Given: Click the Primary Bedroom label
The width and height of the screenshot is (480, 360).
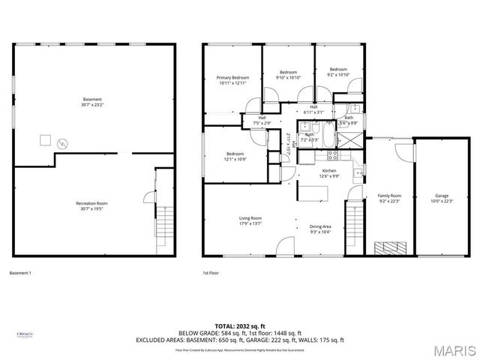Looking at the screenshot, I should click(232, 80).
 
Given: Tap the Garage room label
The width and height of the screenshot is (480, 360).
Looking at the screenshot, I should click(442, 198).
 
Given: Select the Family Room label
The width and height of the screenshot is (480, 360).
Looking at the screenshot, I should click(389, 198).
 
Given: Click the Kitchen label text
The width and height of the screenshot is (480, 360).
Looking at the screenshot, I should click(329, 173).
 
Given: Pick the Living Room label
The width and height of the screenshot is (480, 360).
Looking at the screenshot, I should click(250, 220).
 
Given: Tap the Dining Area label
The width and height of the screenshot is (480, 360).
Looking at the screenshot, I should click(320, 229).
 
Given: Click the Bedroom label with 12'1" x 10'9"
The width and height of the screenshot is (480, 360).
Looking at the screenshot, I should click(235, 156).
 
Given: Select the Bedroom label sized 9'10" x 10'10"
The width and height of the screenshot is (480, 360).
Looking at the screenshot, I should click(288, 74).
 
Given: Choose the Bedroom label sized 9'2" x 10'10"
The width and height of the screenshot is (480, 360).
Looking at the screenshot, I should click(338, 72).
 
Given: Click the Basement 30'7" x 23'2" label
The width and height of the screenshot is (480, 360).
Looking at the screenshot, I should click(92, 102).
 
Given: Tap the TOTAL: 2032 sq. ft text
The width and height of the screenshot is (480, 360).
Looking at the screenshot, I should click(239, 326).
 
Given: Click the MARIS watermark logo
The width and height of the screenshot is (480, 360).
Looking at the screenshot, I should click(454, 349).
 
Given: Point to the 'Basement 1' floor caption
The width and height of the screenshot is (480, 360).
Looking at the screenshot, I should click(20, 272).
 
